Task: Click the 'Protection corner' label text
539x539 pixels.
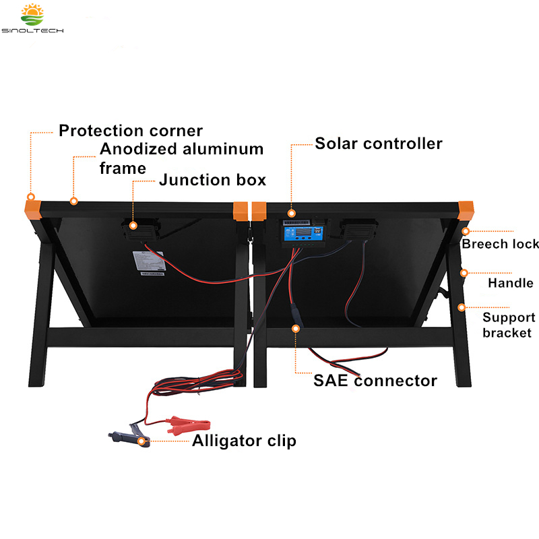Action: pos(130,130)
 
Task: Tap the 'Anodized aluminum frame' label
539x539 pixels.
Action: pos(181,158)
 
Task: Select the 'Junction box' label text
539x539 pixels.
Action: pos(212,180)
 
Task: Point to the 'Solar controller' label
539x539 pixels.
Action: pos(379,144)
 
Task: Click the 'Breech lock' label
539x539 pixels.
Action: pos(500,244)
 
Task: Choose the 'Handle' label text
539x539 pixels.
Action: pos(510,283)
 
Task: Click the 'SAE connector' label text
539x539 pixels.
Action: pos(375,381)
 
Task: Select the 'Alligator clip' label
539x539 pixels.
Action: pos(244,441)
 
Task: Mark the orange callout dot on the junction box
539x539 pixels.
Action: pos(133,227)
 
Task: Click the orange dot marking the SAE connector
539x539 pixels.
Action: pos(294,329)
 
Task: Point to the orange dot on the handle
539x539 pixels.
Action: pos(463,273)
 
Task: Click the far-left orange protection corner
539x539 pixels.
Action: pos(31,205)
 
